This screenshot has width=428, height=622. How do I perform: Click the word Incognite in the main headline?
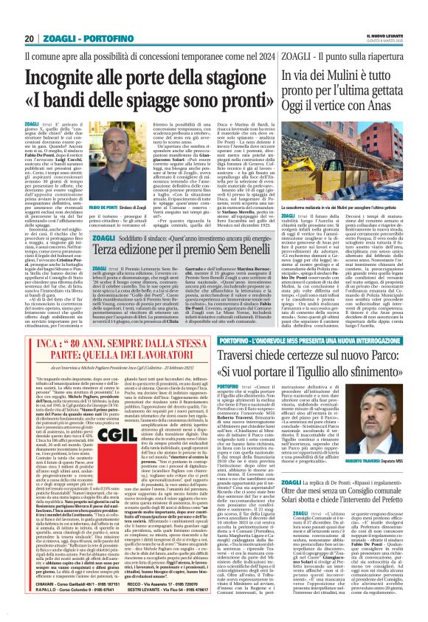point(77,75)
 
